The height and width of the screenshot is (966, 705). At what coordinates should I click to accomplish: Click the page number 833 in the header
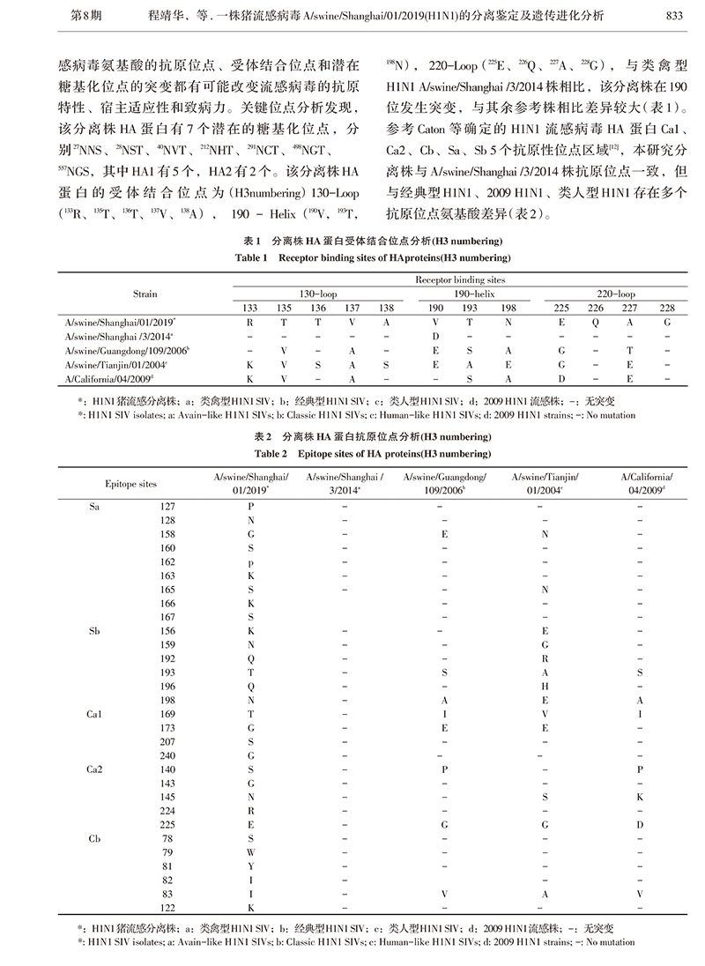[x=674, y=13]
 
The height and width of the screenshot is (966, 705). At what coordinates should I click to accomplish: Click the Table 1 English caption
[x=352, y=256]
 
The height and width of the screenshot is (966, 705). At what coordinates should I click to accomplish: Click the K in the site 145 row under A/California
[x=640, y=797]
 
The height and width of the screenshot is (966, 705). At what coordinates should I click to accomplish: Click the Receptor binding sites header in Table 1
[x=463, y=277]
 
